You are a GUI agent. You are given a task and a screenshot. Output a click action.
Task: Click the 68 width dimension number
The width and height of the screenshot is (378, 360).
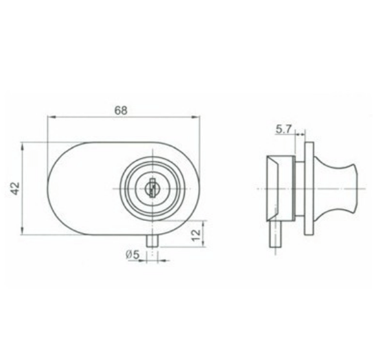pos(121,110)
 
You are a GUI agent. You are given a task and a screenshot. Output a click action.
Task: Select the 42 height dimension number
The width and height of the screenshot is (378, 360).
pos(16,188)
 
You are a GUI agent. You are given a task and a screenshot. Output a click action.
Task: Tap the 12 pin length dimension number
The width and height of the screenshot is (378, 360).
pos(196,235)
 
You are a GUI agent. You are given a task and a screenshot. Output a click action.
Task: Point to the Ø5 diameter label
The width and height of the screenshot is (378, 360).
pos(132,255)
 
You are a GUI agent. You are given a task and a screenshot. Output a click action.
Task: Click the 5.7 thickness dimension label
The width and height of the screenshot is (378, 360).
pos(284,129)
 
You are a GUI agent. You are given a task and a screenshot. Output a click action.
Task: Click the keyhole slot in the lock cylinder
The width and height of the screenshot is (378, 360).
pos(152,188)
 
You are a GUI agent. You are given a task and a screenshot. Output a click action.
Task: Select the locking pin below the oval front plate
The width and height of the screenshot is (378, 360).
pos(152,241)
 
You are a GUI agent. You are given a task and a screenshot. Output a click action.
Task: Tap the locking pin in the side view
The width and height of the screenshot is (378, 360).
pos(276,234)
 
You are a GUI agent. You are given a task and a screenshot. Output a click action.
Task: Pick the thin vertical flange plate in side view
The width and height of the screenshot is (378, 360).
pos(309,188)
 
